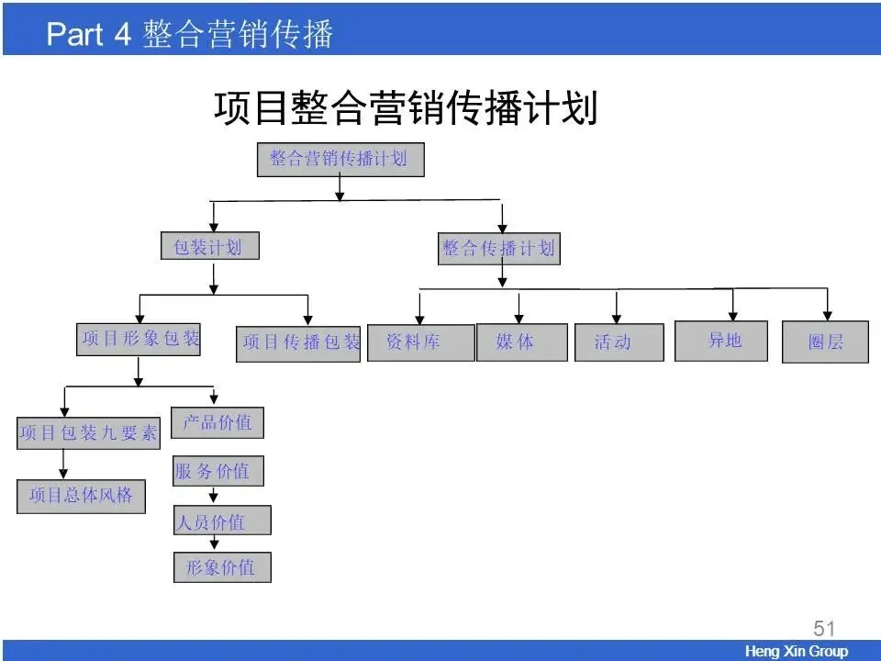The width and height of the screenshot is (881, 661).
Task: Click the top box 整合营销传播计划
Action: click(x=339, y=160)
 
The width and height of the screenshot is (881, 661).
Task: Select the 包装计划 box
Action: click(x=208, y=246)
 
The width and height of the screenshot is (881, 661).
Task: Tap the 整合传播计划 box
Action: click(x=498, y=248)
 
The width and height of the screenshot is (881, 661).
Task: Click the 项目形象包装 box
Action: click(x=139, y=339)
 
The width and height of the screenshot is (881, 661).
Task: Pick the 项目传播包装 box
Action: click(x=299, y=343)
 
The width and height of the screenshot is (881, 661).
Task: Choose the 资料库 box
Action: click(x=419, y=342)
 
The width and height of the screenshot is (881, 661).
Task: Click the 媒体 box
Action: click(x=520, y=342)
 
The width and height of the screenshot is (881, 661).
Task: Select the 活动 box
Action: click(x=618, y=342)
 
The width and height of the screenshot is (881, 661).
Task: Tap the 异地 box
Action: click(x=721, y=341)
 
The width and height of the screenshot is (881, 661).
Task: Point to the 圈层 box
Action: click(x=825, y=342)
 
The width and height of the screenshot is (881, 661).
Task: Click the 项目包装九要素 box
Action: click(x=88, y=432)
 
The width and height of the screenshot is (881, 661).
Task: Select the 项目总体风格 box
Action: click(x=81, y=496)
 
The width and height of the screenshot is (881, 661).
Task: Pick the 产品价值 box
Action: click(x=217, y=422)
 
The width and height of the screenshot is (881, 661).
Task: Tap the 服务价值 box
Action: click(x=217, y=471)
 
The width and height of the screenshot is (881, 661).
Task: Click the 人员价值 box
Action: click(x=222, y=521)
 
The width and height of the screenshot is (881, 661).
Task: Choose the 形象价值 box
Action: click(x=222, y=566)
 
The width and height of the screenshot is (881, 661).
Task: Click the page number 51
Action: click(x=824, y=629)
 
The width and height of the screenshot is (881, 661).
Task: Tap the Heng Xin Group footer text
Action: click(x=796, y=651)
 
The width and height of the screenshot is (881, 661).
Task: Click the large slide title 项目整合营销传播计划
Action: click(x=406, y=108)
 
